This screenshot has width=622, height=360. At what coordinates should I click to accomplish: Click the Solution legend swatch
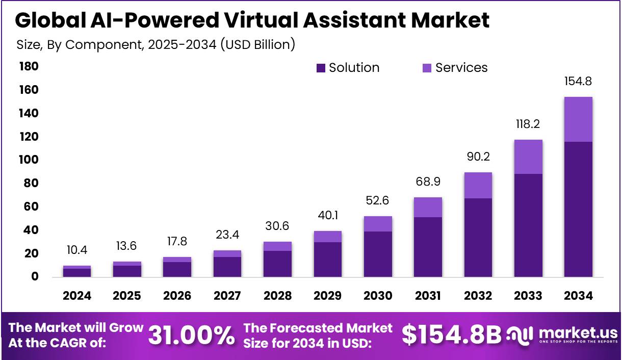321,68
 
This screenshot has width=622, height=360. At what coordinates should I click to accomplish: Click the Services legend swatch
427,68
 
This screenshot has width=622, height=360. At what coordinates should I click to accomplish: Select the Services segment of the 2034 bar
578,119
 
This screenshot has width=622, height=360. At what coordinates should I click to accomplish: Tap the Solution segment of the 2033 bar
528,225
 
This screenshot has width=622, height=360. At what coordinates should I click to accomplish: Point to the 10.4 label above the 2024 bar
77,250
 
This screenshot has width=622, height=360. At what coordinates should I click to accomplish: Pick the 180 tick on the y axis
29,67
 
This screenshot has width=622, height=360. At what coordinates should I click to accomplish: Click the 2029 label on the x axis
328,296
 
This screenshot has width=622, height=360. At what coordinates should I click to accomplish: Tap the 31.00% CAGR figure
192,336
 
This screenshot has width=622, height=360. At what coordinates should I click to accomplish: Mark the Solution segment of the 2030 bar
378,254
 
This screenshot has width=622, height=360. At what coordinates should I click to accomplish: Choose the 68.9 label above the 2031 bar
428,182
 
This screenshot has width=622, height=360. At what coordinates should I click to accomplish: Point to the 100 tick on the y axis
29,160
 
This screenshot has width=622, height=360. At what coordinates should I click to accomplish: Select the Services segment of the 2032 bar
478,185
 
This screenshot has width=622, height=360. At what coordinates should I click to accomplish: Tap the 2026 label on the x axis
177,296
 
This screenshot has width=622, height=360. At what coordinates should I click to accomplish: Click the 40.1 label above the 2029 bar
328,215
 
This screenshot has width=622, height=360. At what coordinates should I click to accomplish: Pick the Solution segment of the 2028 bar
277,264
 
